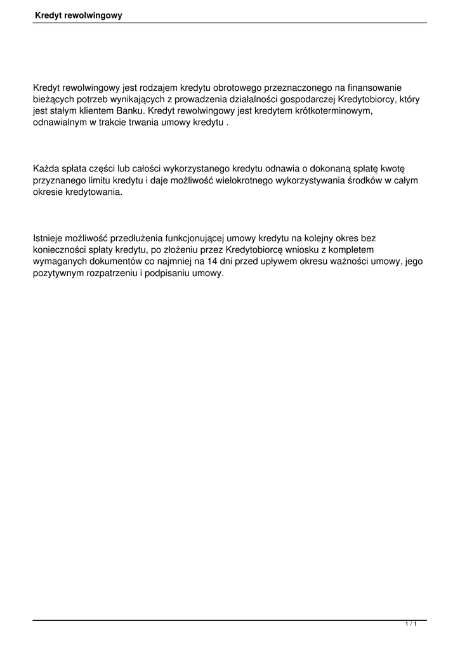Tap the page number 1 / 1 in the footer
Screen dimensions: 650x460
[411, 625]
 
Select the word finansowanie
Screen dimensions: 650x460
[376, 88]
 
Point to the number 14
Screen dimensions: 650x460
[213, 262]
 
